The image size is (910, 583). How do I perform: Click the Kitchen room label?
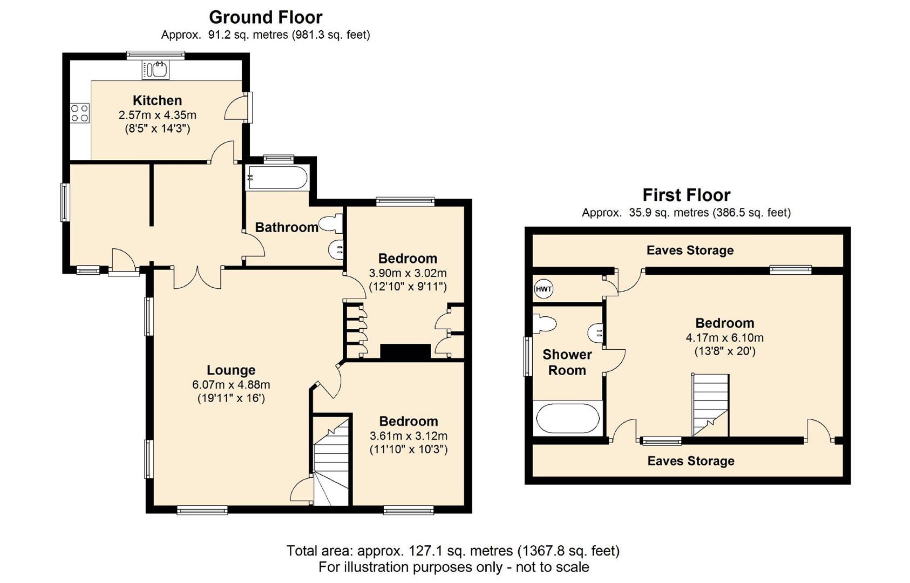click(x=157, y=100)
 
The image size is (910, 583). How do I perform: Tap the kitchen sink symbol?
click(x=155, y=70)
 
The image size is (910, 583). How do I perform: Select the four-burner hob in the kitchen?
click(x=80, y=113)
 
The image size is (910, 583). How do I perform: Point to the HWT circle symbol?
click(x=543, y=289)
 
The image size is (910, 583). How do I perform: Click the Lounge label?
click(x=231, y=370)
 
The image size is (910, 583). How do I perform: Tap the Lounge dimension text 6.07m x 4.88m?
click(x=231, y=384)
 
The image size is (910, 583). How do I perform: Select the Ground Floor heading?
click(x=266, y=17)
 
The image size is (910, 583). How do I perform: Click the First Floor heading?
click(x=687, y=195)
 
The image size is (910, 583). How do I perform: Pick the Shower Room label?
click(x=567, y=362)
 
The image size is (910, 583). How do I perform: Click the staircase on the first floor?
click(x=710, y=405)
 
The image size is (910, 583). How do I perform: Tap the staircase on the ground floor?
click(x=331, y=460)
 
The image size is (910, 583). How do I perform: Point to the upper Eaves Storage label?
click(x=690, y=250)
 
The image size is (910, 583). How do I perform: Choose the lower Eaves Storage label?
click(x=691, y=461)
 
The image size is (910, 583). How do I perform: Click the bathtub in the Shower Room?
click(x=567, y=418)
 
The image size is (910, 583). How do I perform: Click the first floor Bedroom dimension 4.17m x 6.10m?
click(x=725, y=337)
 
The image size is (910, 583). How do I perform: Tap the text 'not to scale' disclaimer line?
click(x=454, y=567)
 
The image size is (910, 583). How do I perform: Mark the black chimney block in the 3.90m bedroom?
click(x=405, y=351)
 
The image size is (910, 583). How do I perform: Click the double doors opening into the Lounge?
click(x=198, y=278)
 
